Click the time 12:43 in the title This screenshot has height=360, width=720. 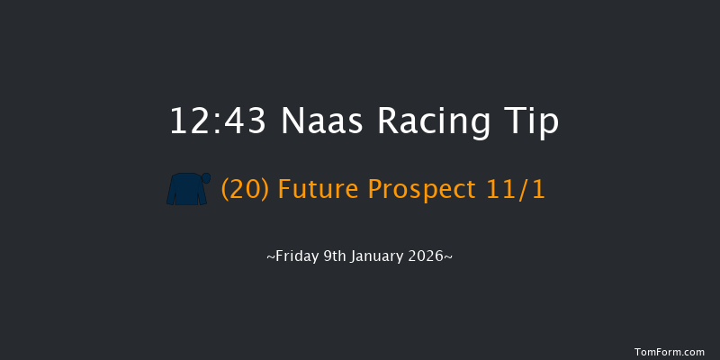point(218,122)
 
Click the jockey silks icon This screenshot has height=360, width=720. point(187,189)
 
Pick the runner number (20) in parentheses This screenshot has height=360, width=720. point(246,190)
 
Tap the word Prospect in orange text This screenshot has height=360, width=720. point(423,191)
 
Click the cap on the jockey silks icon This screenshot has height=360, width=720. point(206,177)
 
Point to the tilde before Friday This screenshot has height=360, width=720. point(271,257)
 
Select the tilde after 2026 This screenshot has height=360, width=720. point(448,257)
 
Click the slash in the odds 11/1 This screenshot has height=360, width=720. point(522,190)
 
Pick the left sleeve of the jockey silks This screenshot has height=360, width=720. point(172,193)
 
